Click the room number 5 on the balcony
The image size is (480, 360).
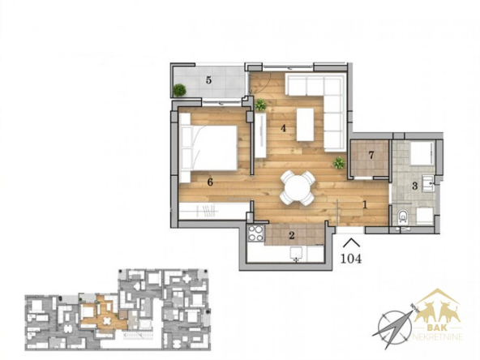click(208, 80)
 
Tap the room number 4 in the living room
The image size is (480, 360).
click(284, 128)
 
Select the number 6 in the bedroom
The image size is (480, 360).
click(210, 182)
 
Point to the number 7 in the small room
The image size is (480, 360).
click(371, 155)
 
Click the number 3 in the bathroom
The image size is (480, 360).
click(415, 186)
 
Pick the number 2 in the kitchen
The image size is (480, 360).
click(292, 235)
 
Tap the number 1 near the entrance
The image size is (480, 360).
click(365, 205)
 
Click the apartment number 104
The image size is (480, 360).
click(351, 259)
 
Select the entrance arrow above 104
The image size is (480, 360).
click(351, 242)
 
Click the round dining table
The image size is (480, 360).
click(297, 188)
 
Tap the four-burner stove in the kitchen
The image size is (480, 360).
click(255, 234)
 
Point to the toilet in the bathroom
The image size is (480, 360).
click(403, 216)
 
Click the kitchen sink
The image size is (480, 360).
click(296, 254)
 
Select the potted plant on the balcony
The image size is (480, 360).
click(179, 90)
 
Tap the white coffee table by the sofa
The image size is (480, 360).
click(305, 125)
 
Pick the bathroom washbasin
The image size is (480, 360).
click(428, 183)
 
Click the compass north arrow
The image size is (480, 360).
click(395, 326)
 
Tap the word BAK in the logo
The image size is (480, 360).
click(436, 328)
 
